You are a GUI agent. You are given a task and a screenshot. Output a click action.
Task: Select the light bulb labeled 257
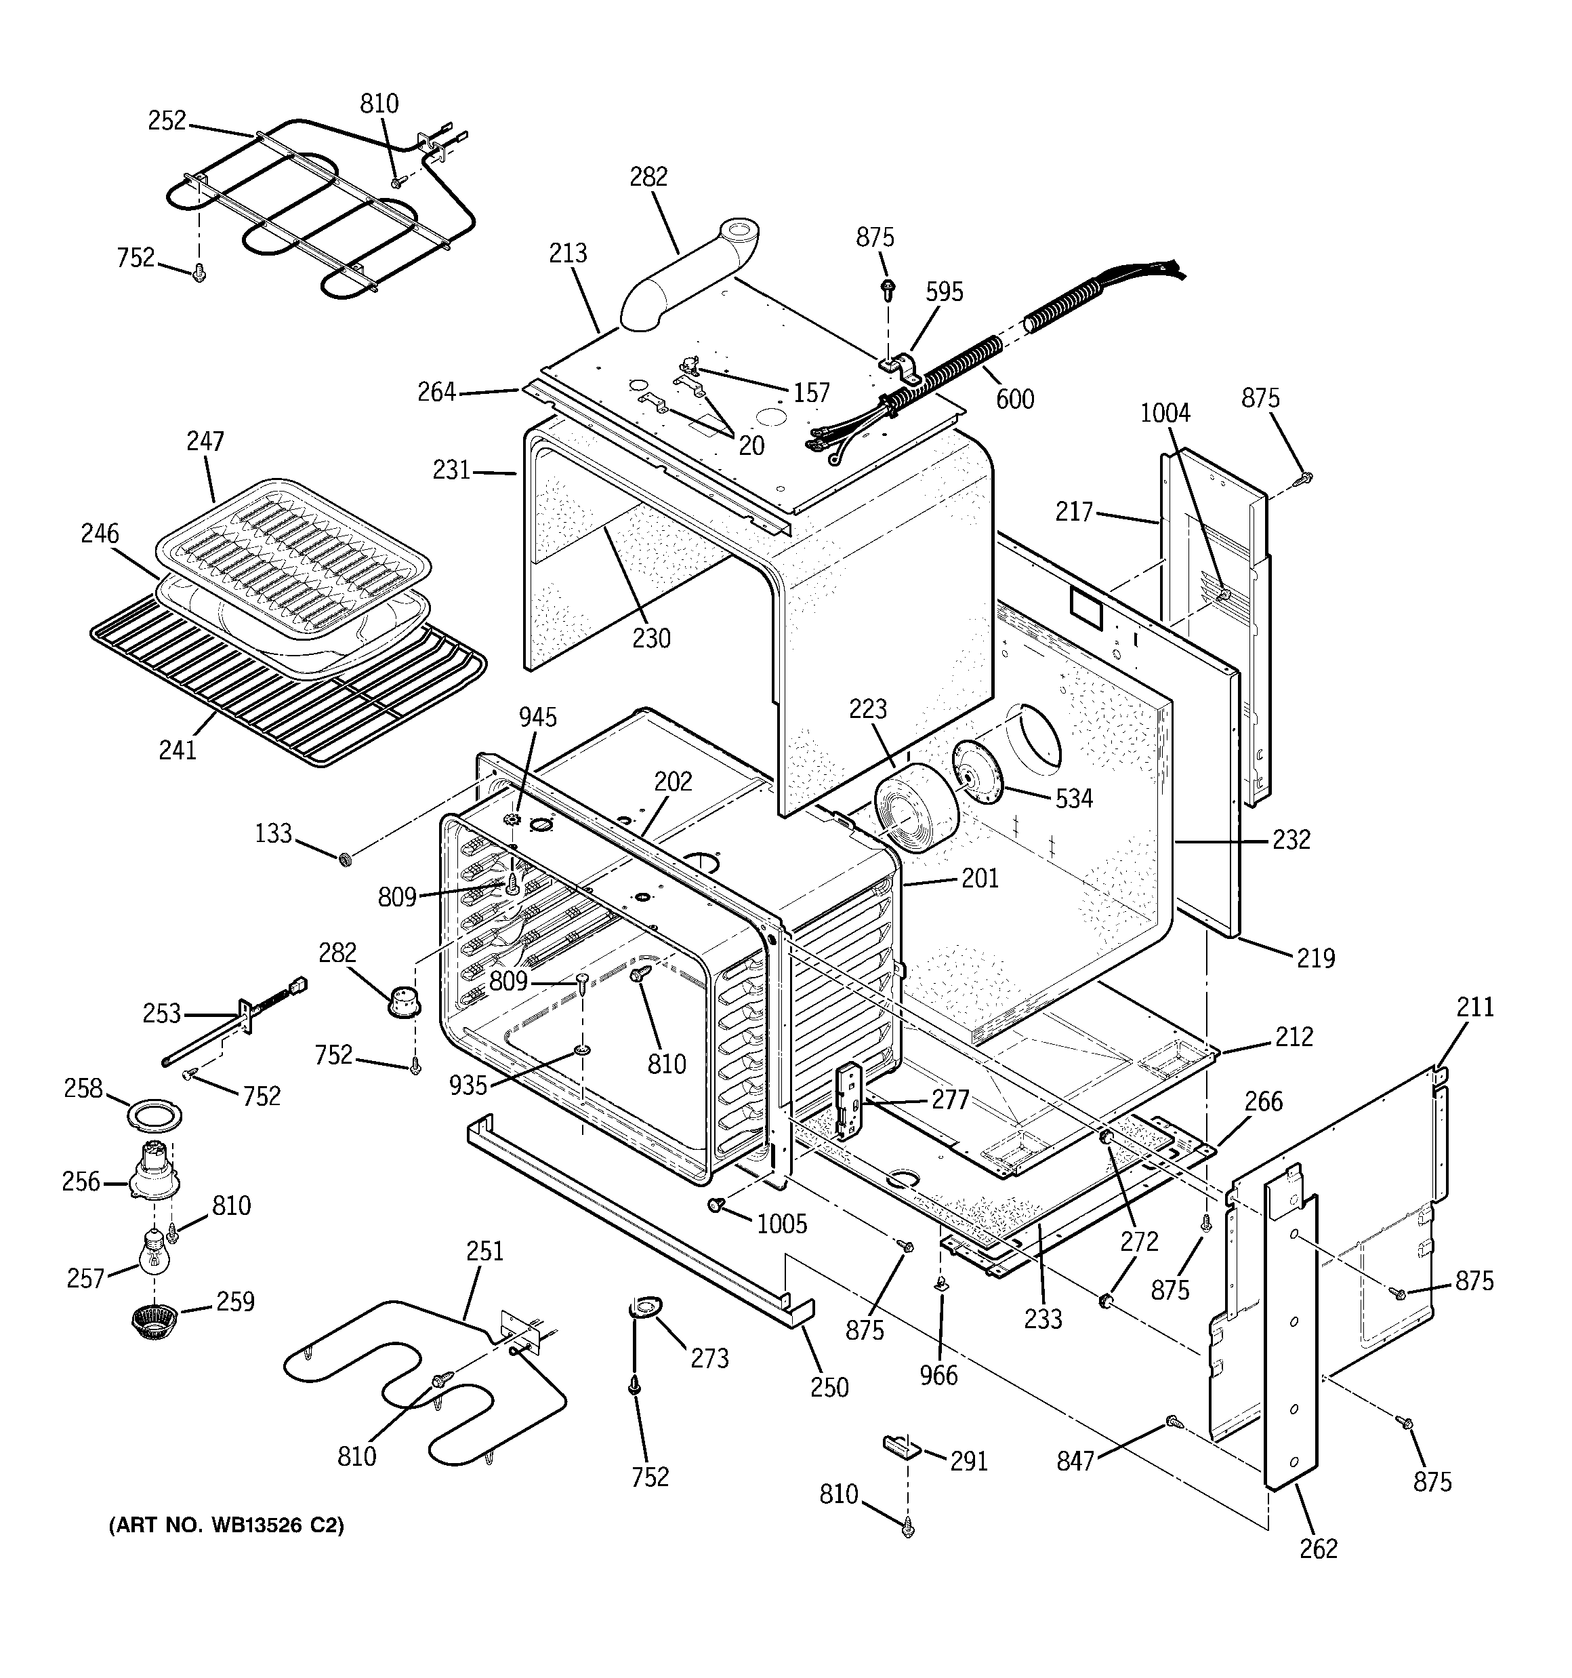pos(154,1253)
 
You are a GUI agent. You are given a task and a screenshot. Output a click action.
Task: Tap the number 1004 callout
pos(1165,413)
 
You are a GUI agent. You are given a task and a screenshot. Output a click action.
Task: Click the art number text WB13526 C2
pos(226,1526)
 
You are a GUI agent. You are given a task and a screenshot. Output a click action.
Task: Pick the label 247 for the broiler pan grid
pos(205,441)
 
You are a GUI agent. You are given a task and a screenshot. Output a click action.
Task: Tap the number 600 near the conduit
pos(1014,399)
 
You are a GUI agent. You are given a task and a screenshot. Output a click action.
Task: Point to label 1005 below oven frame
pos(781,1223)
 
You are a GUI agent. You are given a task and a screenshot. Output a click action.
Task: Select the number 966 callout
pos(938,1375)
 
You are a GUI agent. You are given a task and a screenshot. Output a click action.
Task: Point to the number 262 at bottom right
pos(1318,1549)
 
